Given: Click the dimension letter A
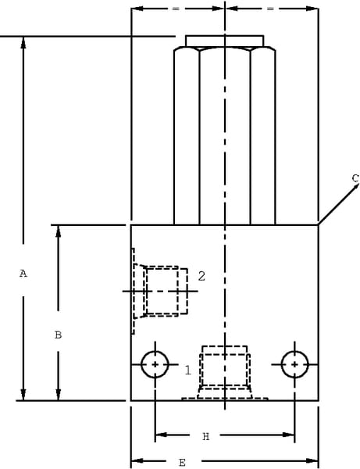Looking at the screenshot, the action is click(x=23, y=274).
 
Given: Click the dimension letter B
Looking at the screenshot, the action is click(x=59, y=335).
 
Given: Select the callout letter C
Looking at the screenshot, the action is click(x=355, y=178).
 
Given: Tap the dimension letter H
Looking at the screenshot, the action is click(x=206, y=437).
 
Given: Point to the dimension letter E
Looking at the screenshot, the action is click(x=182, y=463).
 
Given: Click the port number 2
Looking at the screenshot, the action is click(x=201, y=276).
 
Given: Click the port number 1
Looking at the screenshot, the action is click(x=187, y=371).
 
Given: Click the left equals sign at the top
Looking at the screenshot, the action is click(x=176, y=9).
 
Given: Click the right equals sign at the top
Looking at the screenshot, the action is click(x=270, y=9).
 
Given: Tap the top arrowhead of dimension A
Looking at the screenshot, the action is click(x=23, y=42).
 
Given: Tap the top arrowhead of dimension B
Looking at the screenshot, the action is click(x=59, y=231).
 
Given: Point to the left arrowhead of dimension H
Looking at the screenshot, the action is click(x=162, y=435).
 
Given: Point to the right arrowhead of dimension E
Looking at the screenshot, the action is click(x=312, y=460).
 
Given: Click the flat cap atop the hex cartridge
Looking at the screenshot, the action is click(x=225, y=41).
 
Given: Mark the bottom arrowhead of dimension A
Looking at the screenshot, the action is click(x=23, y=395).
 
